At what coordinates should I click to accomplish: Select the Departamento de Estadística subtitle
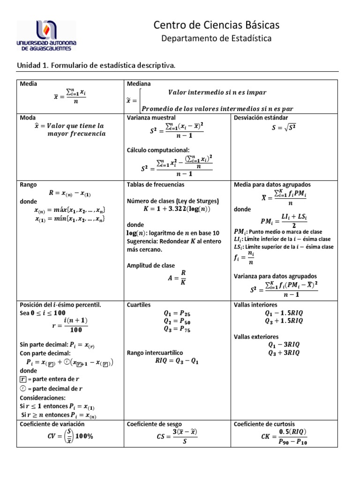click(x=216, y=38)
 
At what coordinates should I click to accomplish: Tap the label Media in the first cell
click(x=28, y=84)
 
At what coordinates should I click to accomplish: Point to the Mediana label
click(x=139, y=84)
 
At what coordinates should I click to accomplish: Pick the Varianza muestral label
click(x=151, y=117)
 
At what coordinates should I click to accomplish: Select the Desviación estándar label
click(x=261, y=117)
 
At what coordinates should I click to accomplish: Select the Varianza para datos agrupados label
click(x=275, y=276)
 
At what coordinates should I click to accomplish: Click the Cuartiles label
click(x=139, y=305)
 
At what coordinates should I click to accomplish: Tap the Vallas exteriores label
click(x=256, y=337)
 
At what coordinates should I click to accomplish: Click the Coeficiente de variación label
click(x=52, y=424)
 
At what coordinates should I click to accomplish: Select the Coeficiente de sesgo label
click(x=154, y=424)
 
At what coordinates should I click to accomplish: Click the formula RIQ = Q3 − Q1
click(x=177, y=361)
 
